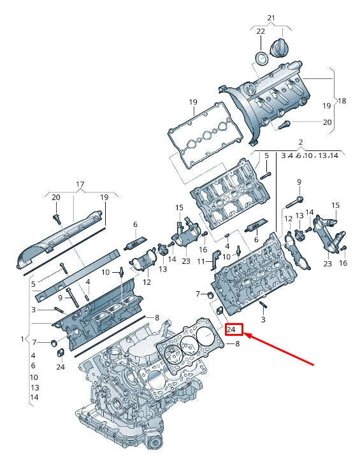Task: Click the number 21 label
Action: pyautogui.click(x=271, y=18)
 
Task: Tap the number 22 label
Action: pyautogui.click(x=261, y=31)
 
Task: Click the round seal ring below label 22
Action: pyautogui.click(x=262, y=58)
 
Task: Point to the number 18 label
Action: pyautogui.click(x=342, y=101)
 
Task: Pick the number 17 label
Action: pyautogui.click(x=80, y=184)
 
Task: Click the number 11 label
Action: pyautogui.click(x=201, y=261)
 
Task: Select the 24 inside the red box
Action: pyautogui.click(x=231, y=329)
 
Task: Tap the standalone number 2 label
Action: pyautogui.click(x=301, y=142)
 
